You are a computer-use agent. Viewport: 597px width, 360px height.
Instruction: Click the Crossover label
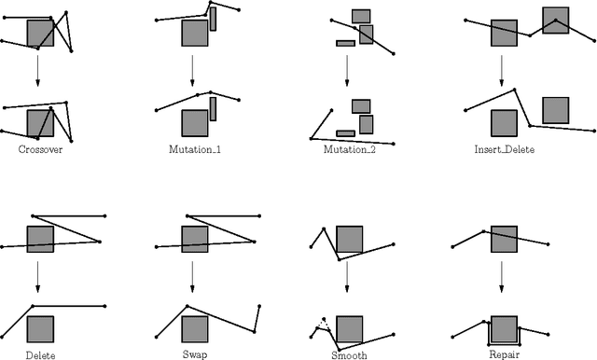[x=40, y=149]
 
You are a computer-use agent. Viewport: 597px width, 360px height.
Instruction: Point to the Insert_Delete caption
[x=504, y=149]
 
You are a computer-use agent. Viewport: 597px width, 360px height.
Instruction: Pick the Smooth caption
[x=349, y=355]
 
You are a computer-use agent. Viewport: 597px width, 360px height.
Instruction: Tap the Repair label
[x=504, y=355]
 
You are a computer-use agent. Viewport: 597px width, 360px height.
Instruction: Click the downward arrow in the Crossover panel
[x=38, y=71]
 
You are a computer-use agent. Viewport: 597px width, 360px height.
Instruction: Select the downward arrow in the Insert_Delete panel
[x=503, y=71]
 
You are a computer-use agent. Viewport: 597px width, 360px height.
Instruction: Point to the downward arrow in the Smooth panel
[x=348, y=276]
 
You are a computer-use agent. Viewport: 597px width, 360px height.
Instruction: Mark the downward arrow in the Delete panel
[x=38, y=276]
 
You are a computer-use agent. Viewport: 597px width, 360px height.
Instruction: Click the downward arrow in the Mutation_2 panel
[x=348, y=71]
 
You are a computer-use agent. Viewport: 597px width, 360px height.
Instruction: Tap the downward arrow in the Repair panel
[x=503, y=276]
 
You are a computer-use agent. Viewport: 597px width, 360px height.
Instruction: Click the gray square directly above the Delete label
[x=40, y=329]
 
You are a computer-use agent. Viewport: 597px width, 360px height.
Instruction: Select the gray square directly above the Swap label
[x=194, y=329]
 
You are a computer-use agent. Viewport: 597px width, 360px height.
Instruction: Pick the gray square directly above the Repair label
[x=504, y=329]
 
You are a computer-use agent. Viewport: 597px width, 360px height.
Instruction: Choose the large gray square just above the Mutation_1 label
[x=194, y=123]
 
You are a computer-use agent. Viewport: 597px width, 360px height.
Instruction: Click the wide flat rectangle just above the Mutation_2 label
[x=345, y=133]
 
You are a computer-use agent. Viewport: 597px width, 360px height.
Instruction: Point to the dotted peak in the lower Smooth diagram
[x=322, y=322]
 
